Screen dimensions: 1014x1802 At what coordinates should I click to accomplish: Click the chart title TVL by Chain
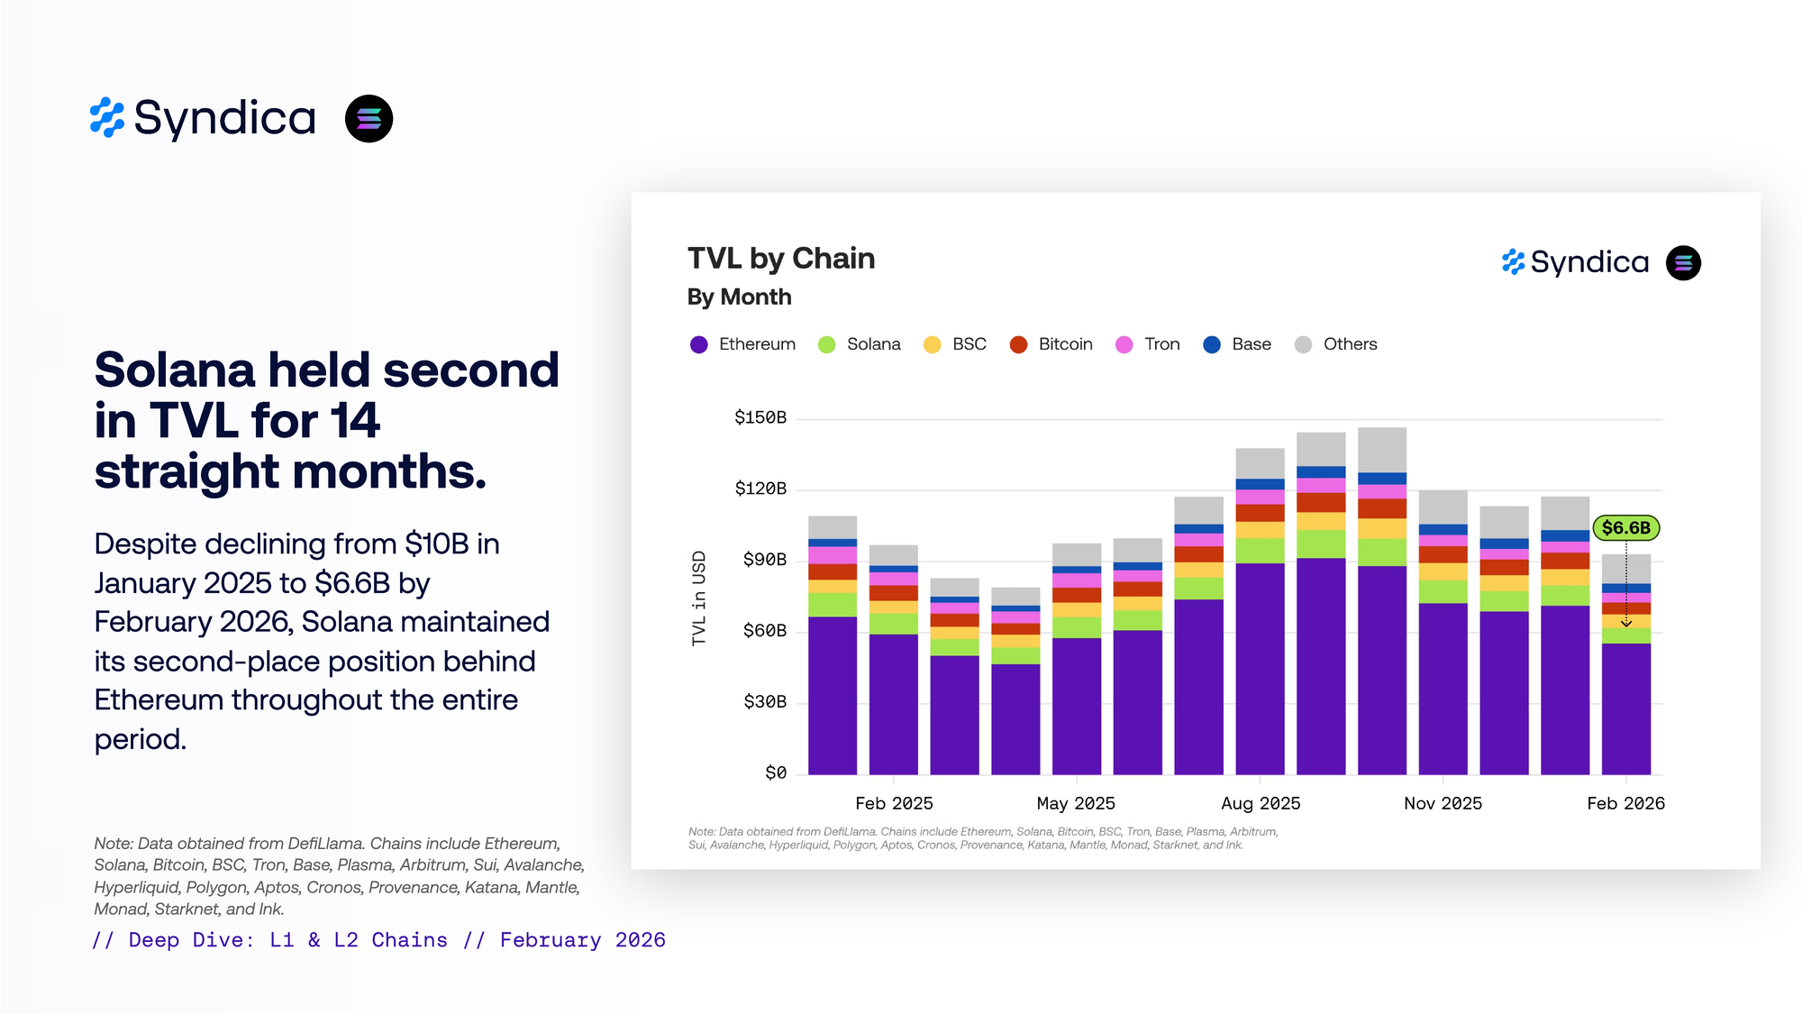point(780,259)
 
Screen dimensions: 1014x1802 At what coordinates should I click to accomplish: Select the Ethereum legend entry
point(742,344)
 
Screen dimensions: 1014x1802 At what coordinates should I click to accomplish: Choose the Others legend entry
point(1335,344)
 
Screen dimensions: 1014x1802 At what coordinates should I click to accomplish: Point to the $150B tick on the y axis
point(760,417)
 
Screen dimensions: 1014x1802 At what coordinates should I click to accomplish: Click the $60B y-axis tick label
point(764,631)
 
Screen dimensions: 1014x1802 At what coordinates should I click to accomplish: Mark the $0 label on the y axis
point(775,772)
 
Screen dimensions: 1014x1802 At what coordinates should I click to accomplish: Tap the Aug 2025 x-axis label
point(1260,803)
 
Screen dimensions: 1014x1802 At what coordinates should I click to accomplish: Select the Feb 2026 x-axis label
point(1625,803)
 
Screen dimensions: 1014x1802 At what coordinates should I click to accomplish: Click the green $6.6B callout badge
point(1625,528)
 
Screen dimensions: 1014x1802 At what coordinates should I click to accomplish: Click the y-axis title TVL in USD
point(699,598)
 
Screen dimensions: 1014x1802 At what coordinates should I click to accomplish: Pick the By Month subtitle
point(739,297)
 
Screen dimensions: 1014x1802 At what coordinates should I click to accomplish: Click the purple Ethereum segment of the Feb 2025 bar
point(893,703)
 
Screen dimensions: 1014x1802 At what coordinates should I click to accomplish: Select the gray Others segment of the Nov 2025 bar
point(1443,507)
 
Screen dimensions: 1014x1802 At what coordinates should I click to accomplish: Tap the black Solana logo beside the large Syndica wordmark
point(369,119)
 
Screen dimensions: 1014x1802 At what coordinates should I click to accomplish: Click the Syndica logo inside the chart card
point(1575,262)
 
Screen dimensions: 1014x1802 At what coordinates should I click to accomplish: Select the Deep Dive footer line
point(378,940)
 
